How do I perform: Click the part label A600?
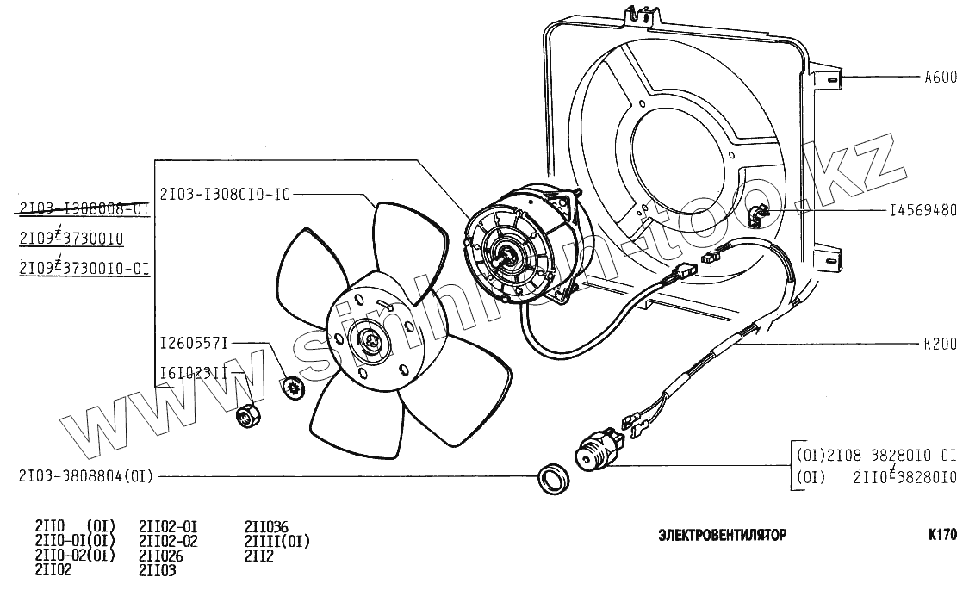(x=940, y=78)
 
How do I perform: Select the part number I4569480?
(x=922, y=211)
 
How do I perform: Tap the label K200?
(x=940, y=344)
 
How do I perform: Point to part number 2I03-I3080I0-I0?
(x=225, y=194)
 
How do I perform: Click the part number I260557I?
(x=194, y=344)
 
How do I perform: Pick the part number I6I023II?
(x=194, y=373)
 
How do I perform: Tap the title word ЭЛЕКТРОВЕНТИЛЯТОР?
(x=722, y=535)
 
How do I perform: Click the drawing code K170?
(x=942, y=534)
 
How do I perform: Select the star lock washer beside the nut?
(x=292, y=388)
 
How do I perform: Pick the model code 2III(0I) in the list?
(x=276, y=541)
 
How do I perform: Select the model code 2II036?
(x=266, y=526)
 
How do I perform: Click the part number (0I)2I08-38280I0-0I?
(x=876, y=454)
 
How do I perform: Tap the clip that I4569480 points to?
(x=758, y=212)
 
